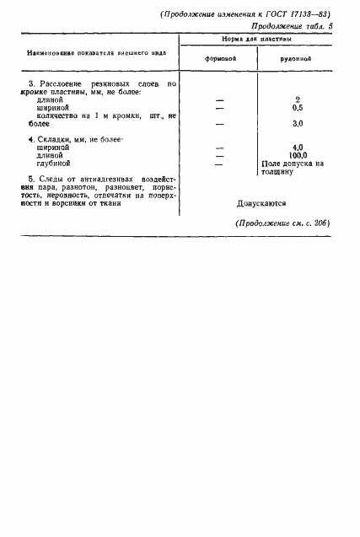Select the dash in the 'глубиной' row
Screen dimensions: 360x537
220,162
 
